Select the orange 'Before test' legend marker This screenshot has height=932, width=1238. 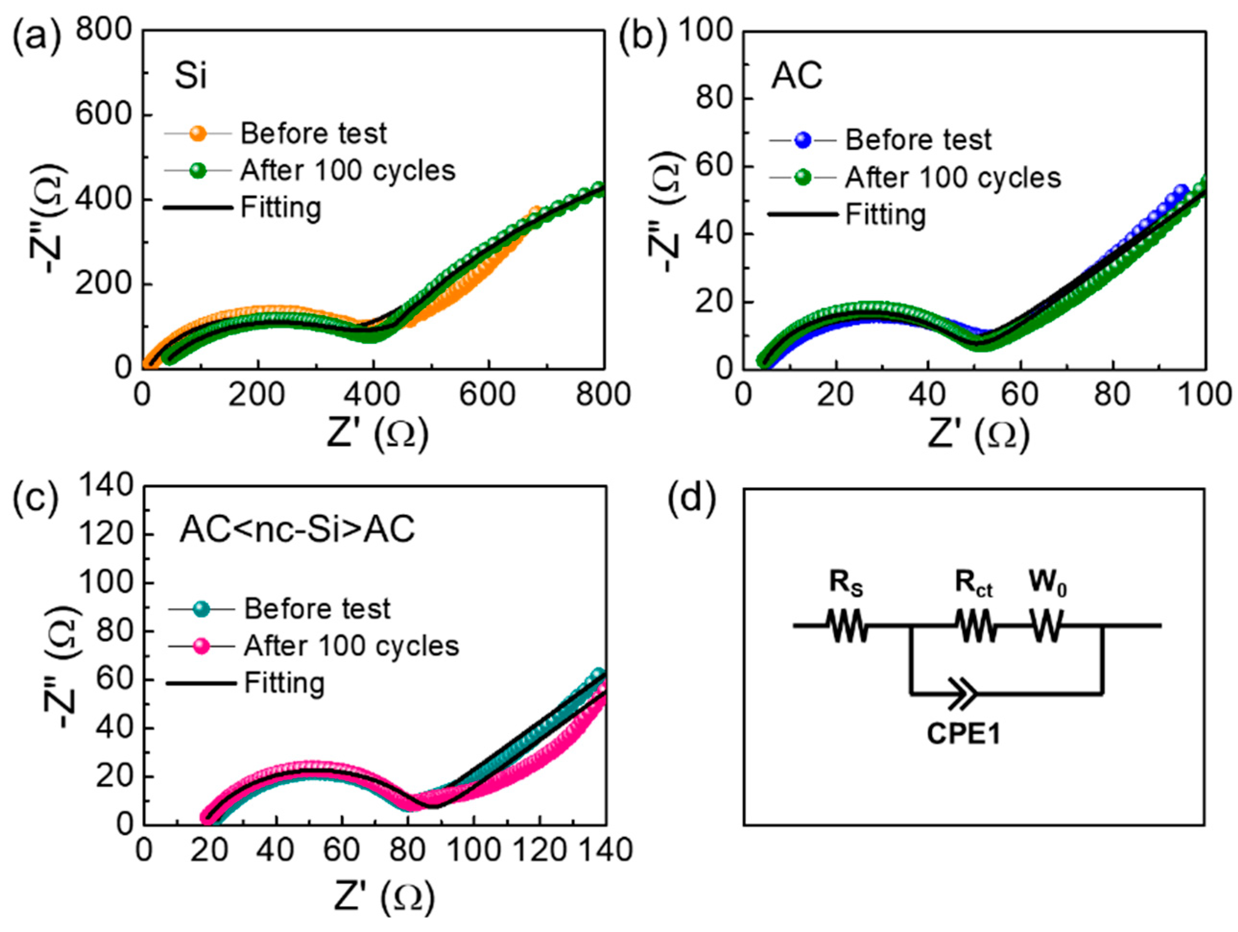198,133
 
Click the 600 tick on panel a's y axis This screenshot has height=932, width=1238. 107,115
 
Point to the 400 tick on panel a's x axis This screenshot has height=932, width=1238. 373,394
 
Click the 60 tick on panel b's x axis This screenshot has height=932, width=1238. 1020,394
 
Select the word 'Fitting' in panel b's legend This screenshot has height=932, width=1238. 885,215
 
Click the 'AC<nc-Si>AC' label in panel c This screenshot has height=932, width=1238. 297,529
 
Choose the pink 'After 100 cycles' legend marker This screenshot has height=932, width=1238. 201,646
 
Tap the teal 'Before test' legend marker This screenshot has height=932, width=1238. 201,609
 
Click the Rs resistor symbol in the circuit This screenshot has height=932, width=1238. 847,625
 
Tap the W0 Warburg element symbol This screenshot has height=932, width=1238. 1046,625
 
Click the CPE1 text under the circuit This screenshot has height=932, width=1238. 963,734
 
